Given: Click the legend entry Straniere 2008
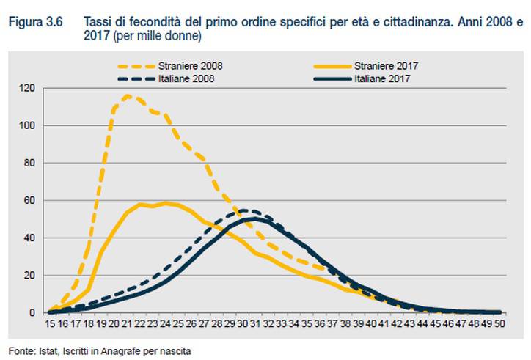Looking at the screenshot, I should pyautogui.click(x=195, y=66).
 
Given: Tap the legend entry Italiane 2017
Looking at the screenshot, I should pyautogui.click(x=381, y=78).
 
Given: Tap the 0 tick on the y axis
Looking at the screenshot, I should pyautogui.click(x=32, y=313).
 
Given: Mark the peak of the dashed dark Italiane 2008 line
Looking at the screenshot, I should pyautogui.click(x=244, y=210).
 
